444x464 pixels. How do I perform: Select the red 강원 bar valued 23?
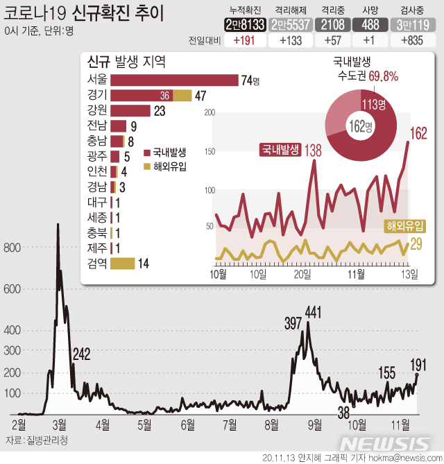tap(130, 110)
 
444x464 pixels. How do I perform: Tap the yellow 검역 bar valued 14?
tap(123, 263)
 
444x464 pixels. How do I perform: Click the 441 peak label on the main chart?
tap(313, 313)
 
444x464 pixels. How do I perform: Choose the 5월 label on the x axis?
tap(144, 423)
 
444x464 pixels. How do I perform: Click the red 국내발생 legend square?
tap(146, 152)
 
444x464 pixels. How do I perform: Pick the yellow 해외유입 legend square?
tap(146, 166)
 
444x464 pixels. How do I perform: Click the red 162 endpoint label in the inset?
tap(420, 133)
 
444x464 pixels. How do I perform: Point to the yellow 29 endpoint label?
tap(418, 243)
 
